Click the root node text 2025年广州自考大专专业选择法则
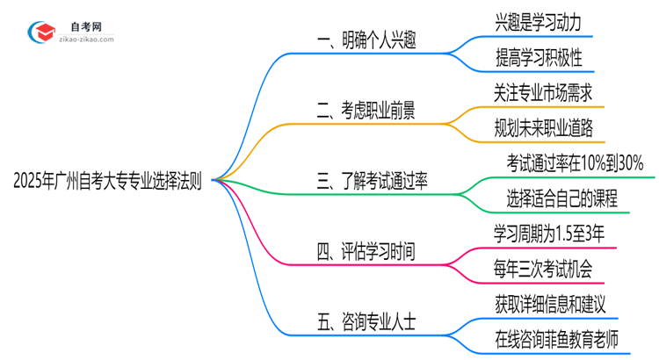point(107,181)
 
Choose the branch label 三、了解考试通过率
point(379,181)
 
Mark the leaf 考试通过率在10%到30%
point(575,162)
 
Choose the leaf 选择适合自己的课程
point(562,198)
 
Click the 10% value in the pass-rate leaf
point(597,162)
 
